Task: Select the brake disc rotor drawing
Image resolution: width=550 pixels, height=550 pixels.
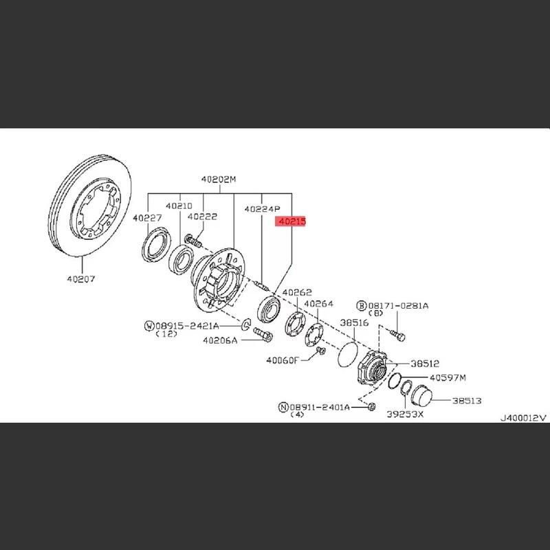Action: point(90,205)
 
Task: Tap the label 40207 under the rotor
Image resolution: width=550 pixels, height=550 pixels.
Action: point(81,279)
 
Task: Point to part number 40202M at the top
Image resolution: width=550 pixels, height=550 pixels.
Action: point(219,179)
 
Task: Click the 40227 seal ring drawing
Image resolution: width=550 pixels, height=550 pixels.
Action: point(157,244)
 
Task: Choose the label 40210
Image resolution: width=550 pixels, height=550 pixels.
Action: point(179,206)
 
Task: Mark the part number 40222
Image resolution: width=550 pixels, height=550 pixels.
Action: point(202,217)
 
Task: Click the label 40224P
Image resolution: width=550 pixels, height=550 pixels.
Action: point(263,209)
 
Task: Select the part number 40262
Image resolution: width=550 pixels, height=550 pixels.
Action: point(297,292)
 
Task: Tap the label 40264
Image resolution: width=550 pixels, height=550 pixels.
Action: point(318,304)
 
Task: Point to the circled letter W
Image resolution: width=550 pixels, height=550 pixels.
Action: point(149,326)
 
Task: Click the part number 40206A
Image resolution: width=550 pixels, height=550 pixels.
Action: point(220,340)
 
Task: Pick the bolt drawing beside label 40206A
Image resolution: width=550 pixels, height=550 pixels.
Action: point(263,334)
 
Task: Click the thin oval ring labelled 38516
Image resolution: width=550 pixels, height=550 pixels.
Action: point(348,355)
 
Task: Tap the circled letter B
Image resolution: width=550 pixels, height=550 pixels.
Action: point(362,306)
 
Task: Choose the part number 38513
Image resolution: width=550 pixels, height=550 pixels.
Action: point(467,401)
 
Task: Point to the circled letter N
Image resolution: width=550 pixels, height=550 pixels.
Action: point(283,407)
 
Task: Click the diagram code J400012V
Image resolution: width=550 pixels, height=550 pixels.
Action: point(523,418)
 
